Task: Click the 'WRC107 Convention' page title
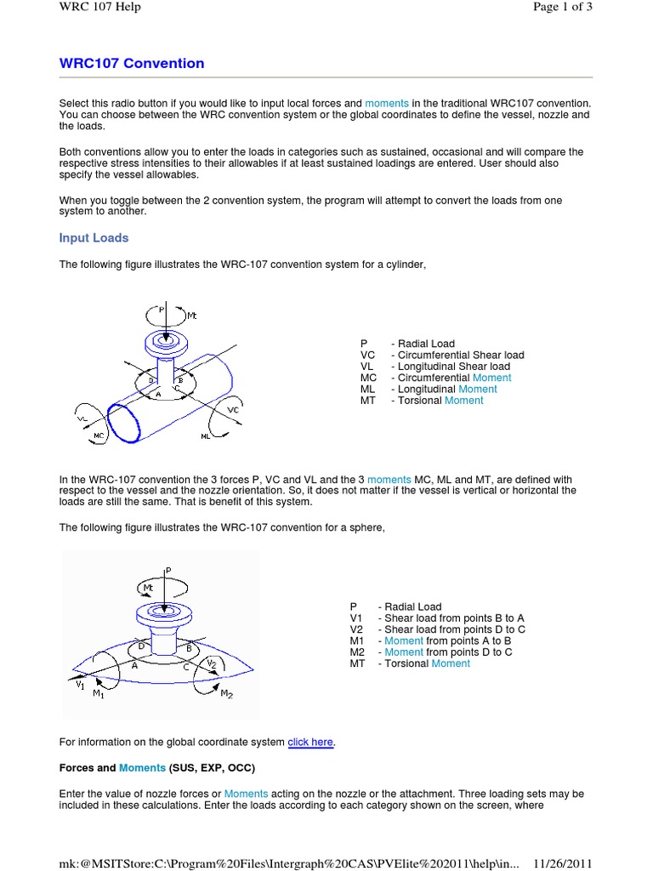[132, 64]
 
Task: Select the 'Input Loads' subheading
[94, 238]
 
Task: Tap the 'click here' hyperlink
[310, 743]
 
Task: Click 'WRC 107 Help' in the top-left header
[99, 8]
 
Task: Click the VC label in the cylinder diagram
[234, 409]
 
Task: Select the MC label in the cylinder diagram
[99, 435]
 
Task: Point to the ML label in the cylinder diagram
[206, 436]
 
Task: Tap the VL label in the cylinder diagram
[82, 418]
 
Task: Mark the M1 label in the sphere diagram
[99, 694]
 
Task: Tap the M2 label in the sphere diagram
[226, 695]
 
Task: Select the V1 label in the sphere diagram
[79, 682]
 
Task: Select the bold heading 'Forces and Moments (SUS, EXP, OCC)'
[156, 768]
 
